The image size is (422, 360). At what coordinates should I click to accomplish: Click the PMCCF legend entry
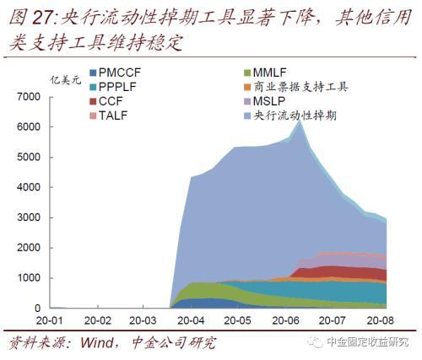click(x=115, y=73)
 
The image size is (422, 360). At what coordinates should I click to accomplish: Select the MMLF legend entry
click(x=265, y=73)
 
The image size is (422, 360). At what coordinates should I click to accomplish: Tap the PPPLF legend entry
click(x=113, y=87)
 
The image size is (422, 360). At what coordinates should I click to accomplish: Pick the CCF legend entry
click(x=106, y=101)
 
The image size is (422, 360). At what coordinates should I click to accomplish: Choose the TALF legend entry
click(x=109, y=116)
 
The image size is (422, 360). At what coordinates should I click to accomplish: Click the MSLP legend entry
click(x=265, y=101)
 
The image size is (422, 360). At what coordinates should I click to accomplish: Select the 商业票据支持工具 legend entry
click(x=296, y=87)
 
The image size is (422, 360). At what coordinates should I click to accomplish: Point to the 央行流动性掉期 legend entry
click(x=290, y=116)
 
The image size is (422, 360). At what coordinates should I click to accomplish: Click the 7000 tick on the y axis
click(x=29, y=97)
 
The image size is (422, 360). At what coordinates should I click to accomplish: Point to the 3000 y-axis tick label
click(x=29, y=218)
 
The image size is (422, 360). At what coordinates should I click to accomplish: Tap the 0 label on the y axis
click(x=38, y=309)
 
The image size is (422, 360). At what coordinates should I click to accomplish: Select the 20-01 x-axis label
click(x=50, y=320)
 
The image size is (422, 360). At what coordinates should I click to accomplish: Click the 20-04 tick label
click(x=192, y=320)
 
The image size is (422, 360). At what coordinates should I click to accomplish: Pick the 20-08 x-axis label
click(x=380, y=320)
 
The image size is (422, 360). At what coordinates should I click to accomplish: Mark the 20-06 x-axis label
click(x=285, y=320)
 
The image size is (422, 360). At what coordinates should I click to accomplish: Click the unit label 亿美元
click(x=66, y=80)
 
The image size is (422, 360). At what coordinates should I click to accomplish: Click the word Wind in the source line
click(x=97, y=343)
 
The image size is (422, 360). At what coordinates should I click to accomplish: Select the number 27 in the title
click(x=42, y=19)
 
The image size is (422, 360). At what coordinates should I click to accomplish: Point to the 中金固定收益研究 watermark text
click(x=368, y=342)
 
